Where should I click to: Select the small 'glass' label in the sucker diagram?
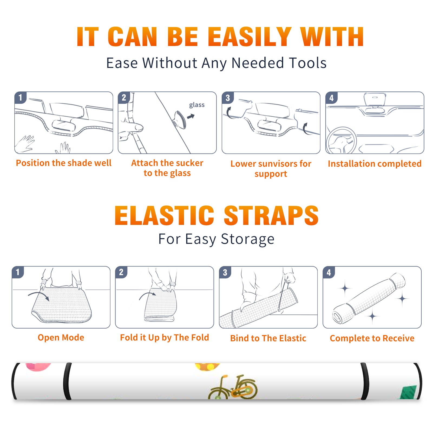pos(197,105)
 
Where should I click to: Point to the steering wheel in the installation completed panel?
pos(341,140)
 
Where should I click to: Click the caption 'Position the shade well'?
pos(64,163)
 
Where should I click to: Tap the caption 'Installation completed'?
pos(375,164)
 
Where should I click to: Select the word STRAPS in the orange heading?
pos(271,215)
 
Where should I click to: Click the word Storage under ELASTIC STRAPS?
pos(248,239)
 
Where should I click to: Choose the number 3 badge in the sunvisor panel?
pos(228,98)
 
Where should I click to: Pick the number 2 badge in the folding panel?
pos(121,272)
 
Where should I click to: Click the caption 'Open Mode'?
pos(61,337)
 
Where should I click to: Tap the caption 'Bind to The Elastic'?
pos(268,338)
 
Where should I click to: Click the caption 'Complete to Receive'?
pos(372,338)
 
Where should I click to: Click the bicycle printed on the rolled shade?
pos(233,387)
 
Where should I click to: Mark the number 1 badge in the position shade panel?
pos(20,97)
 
